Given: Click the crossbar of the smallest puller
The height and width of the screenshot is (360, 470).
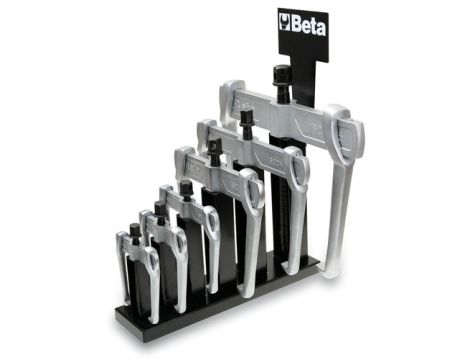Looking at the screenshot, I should point(136,251).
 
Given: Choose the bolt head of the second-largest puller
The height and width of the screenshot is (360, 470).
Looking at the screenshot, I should point(245,119).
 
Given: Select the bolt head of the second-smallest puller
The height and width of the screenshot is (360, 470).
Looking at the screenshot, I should point(160,210).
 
